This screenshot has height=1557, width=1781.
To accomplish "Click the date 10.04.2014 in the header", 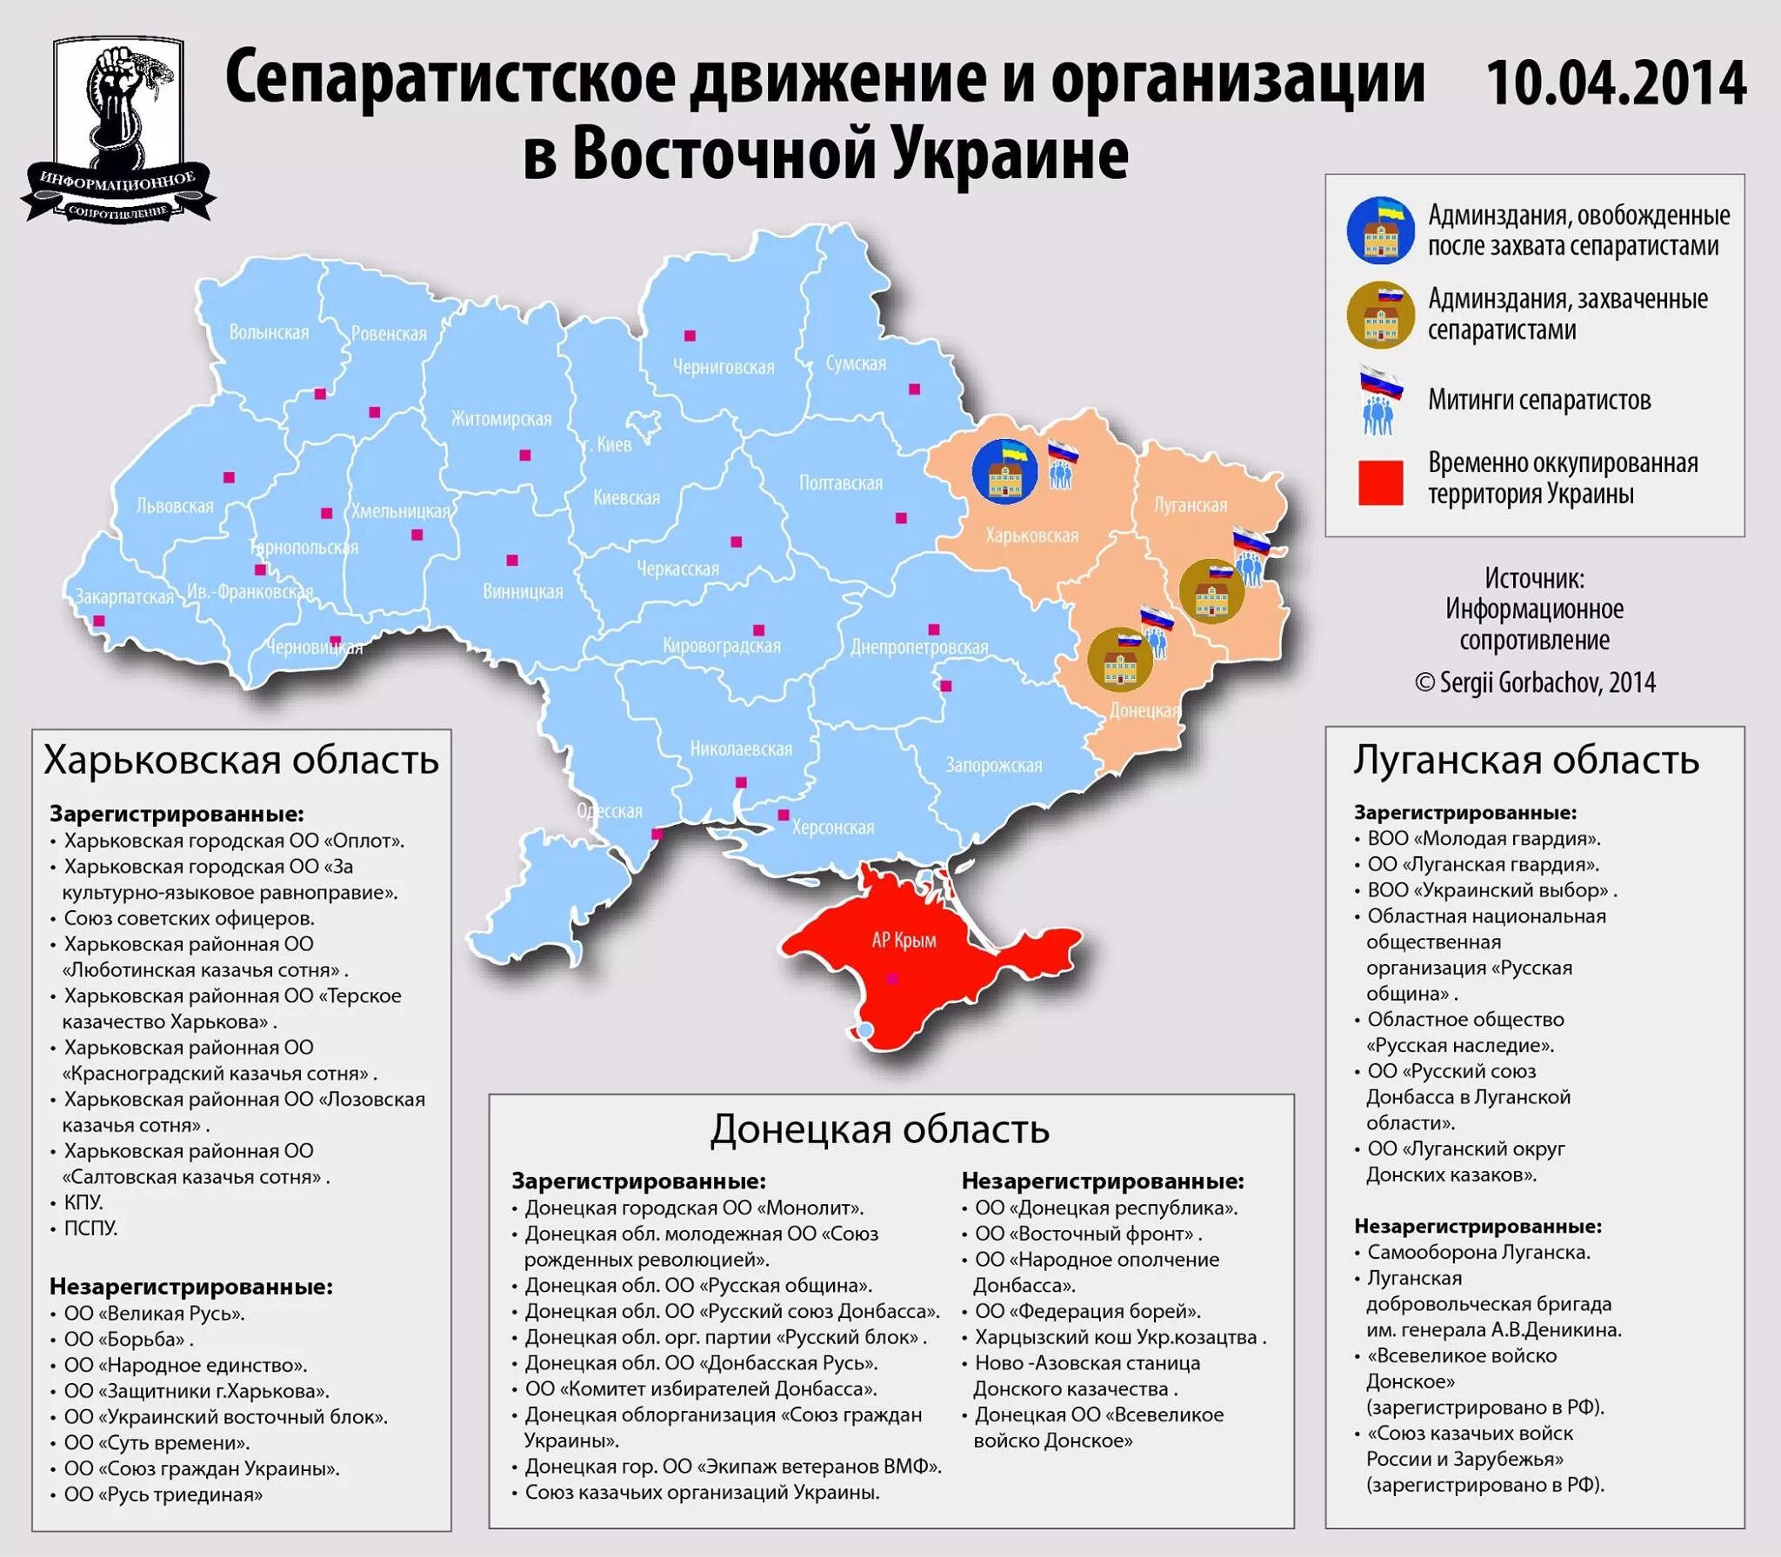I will point(1616,84).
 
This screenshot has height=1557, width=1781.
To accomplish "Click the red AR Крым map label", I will point(904,941).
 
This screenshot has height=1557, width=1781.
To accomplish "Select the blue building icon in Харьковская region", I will point(1004,472).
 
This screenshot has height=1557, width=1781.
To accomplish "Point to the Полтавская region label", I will point(840,483).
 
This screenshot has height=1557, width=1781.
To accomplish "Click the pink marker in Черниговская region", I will point(690,336).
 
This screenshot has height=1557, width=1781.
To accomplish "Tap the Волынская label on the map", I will point(269,333).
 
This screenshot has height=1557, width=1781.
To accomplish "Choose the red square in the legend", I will point(1380,482).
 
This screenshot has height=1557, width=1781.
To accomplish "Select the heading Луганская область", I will point(1525,761).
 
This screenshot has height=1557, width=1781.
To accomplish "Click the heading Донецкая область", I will point(879,1130).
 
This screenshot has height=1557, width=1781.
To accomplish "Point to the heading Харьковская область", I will point(241,761).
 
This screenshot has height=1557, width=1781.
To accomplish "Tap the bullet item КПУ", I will point(83,1202).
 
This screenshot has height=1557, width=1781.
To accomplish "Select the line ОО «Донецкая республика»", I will point(1105,1208).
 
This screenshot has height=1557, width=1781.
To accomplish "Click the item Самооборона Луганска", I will point(1477,1252).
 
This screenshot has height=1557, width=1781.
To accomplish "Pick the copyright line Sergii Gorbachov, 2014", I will point(1535,682).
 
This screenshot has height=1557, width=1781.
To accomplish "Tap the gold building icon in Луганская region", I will point(1211,591).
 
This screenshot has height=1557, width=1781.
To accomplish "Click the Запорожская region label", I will point(993,766).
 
